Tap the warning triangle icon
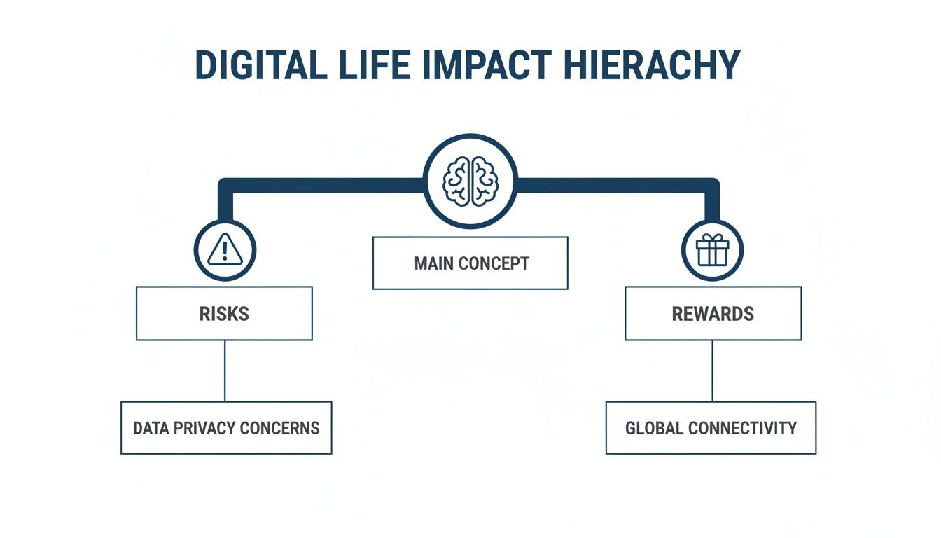pyautogui.click(x=225, y=250)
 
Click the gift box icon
pyautogui.click(x=712, y=250)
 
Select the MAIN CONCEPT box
pyautogui.click(x=470, y=263)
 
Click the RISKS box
pyautogui.click(x=224, y=313)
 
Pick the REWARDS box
pyautogui.click(x=713, y=313)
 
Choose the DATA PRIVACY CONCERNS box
pyautogui.click(x=226, y=427)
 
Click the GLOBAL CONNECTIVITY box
pyautogui.click(x=711, y=427)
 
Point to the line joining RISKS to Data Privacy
pyautogui.click(x=225, y=371)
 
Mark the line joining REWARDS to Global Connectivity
pyautogui.click(x=712, y=371)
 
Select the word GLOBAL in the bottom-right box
pyautogui.click(x=655, y=428)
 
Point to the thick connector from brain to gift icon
pyautogui.click(x=616, y=186)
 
